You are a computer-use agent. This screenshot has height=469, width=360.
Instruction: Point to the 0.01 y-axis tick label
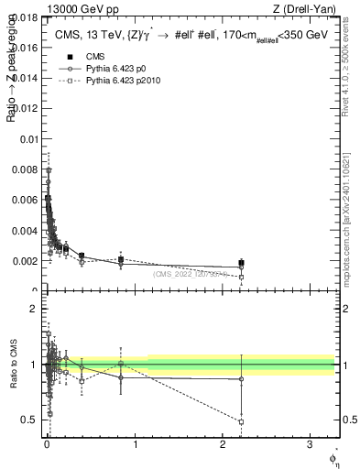[28, 139]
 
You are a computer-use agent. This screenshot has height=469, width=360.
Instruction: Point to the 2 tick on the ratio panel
[33, 309]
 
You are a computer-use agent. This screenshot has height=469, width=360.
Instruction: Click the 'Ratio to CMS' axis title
[11, 365]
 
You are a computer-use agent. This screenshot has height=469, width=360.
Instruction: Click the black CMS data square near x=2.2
[241, 263]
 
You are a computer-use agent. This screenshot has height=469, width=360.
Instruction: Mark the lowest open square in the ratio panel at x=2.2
[241, 421]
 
